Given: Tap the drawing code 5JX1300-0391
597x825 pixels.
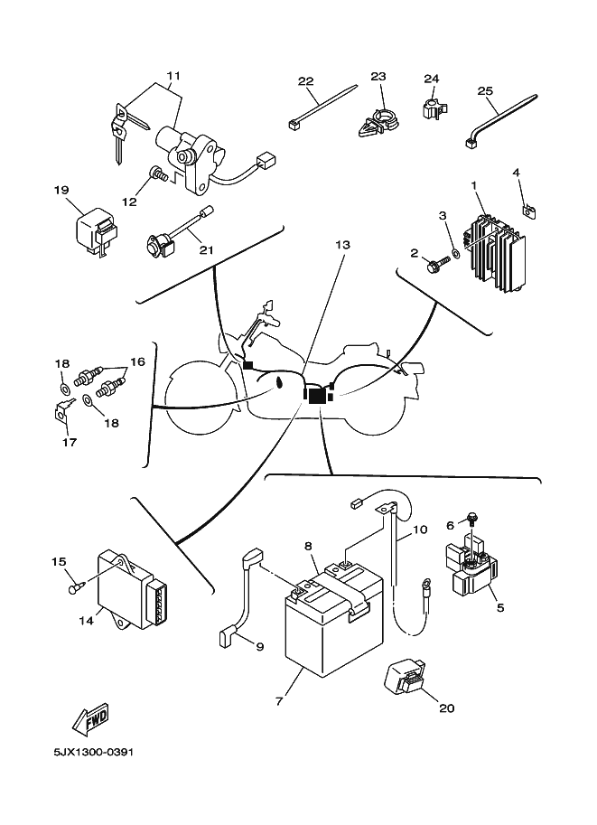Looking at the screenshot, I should coord(93,751).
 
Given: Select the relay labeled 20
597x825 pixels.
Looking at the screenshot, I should coord(407,678).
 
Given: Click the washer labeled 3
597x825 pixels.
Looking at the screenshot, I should coord(454,253).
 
